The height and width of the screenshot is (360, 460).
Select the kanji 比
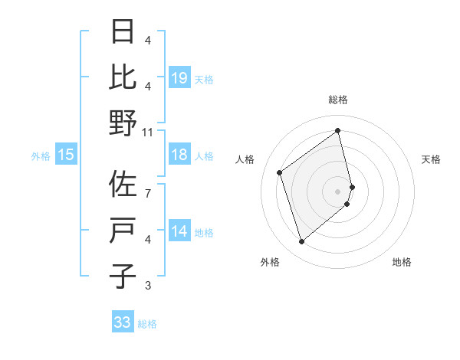[123, 77]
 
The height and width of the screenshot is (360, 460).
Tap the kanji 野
[123, 122]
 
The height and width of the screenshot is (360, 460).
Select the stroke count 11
[148, 132]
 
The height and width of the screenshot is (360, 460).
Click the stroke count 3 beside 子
[148, 286]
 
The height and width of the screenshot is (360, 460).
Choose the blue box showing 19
[179, 77]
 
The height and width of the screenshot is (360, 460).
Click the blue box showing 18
[179, 155]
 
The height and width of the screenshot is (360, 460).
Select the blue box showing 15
[66, 155]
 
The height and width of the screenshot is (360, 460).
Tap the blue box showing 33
[123, 322]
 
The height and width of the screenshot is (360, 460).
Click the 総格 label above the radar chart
[338, 100]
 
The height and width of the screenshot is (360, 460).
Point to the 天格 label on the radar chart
[431, 159]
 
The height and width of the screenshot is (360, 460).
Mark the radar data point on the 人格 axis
[280, 172]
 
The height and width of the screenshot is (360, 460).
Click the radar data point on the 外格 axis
[301, 242]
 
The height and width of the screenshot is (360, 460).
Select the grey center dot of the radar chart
[338, 191]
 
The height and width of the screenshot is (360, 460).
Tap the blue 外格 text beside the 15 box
[41, 156]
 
